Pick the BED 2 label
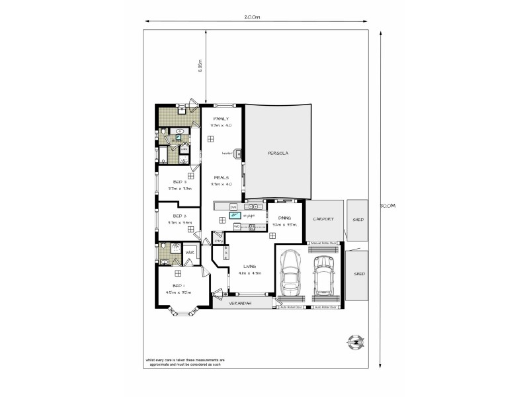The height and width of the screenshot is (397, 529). coord(180,216)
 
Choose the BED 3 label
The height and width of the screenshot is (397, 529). coord(180,182)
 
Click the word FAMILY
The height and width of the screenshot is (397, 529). coord(220,118)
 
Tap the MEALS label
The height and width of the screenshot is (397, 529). coord(220,177)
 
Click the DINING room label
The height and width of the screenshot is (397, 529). coord(285,218)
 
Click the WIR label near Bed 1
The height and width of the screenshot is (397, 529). coord(188,252)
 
